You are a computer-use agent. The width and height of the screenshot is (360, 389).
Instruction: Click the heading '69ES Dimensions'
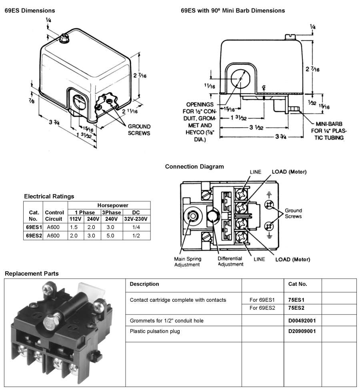(30, 10)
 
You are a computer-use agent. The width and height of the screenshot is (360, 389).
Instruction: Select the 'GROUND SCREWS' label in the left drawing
(139, 129)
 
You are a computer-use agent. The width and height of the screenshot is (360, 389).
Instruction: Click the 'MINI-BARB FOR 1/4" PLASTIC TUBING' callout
(329, 130)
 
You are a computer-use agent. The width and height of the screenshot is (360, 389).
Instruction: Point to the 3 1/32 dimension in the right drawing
(256, 128)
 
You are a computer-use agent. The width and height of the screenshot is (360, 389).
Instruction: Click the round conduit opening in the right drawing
(239, 78)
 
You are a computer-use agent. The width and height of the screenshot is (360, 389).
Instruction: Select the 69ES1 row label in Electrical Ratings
(34, 227)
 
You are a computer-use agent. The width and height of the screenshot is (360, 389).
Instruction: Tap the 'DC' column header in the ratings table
(136, 213)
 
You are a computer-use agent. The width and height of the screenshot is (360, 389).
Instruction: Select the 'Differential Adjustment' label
(230, 261)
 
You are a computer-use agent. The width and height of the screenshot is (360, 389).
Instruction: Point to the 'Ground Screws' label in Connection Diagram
(293, 213)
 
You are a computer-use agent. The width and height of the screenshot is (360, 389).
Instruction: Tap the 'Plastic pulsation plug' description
(155, 331)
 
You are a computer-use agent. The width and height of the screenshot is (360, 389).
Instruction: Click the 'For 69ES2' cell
(262, 308)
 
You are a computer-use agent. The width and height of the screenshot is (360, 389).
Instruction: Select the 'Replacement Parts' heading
(32, 274)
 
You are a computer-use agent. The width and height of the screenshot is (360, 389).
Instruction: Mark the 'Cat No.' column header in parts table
(298, 284)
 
